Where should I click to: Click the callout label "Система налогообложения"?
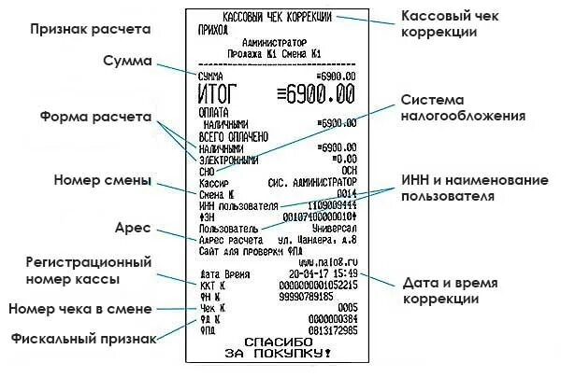[462, 109]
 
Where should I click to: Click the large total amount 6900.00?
[317, 94]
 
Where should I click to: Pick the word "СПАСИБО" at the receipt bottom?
[278, 341]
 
